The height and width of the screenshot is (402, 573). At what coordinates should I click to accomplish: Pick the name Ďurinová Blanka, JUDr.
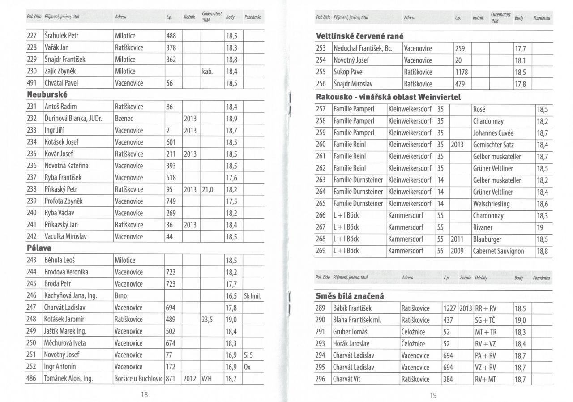(73, 119)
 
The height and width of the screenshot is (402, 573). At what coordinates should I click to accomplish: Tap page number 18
(144, 394)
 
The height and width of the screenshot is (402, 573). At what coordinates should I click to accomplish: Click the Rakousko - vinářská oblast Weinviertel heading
(388, 97)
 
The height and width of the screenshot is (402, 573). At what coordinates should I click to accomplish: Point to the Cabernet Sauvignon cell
(498, 251)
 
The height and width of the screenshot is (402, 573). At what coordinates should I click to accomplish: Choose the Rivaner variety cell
(484, 227)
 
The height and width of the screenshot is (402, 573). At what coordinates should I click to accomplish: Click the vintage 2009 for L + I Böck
(457, 251)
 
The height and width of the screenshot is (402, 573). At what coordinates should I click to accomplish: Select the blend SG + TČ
(485, 320)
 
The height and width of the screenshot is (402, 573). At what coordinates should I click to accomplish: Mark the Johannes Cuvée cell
(493, 133)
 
